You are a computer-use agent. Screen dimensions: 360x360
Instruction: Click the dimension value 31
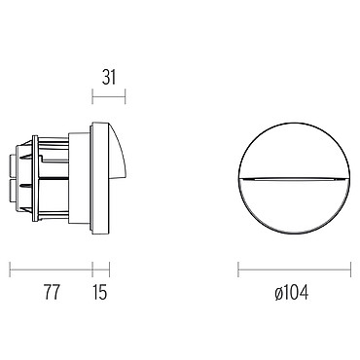(x=109, y=78)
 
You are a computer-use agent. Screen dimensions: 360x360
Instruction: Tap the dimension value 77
(x=52, y=293)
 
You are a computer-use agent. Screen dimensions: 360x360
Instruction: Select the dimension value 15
(x=99, y=293)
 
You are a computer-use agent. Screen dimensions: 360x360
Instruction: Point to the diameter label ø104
(x=292, y=293)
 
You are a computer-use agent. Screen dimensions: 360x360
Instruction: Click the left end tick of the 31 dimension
(x=92, y=96)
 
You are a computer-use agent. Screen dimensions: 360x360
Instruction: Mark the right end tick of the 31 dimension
(x=125, y=96)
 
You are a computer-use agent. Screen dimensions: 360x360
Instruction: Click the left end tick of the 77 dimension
(x=11, y=270)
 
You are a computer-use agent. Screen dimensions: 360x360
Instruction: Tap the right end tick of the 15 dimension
(x=109, y=270)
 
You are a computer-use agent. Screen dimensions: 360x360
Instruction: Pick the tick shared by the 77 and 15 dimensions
(x=92, y=270)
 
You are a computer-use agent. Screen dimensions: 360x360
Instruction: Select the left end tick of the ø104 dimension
(x=238, y=270)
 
